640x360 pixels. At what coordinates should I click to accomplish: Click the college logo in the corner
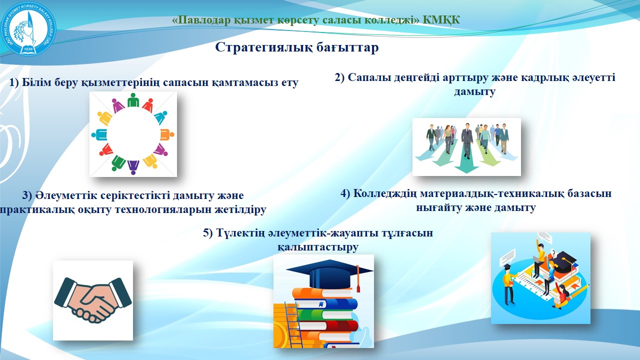[28, 28]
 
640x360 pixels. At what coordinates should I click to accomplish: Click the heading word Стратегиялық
[264, 47]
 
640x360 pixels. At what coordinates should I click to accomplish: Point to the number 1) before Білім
[14, 82]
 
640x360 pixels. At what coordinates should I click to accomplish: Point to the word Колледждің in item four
[385, 193]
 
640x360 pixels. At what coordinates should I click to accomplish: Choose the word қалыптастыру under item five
[317, 247]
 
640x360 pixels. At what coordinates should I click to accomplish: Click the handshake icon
[93, 300]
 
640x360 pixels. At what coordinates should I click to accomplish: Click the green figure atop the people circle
[133, 100]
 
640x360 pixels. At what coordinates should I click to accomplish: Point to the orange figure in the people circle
[167, 134]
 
